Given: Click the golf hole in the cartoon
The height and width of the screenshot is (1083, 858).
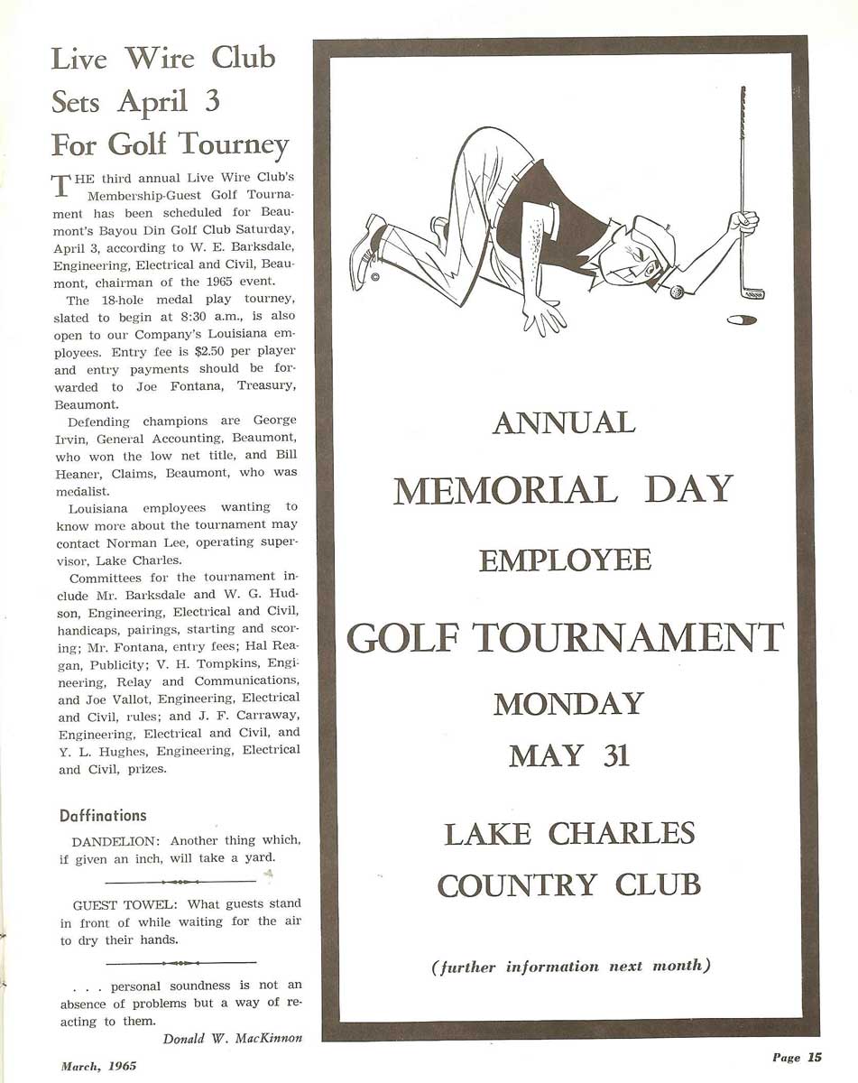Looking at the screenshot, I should click(741, 319).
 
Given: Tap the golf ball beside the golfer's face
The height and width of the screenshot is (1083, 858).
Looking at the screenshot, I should click(677, 292).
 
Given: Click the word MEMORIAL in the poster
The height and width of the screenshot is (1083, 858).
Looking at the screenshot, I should click(505, 490).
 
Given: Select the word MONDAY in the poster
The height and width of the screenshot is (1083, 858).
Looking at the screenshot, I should click(568, 704).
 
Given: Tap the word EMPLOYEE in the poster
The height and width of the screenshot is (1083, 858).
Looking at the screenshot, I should click(565, 560).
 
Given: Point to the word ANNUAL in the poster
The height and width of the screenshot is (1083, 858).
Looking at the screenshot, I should click(564, 422).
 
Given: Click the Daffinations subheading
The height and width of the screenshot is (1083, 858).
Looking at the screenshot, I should click(103, 816).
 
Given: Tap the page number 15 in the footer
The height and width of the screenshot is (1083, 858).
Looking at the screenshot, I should click(815, 1058).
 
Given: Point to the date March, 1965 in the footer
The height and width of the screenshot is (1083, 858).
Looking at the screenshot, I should click(98, 1066).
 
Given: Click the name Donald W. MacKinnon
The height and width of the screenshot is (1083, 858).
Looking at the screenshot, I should click(233, 1039).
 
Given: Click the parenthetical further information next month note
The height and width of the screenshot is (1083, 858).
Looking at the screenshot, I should click(571, 967).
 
